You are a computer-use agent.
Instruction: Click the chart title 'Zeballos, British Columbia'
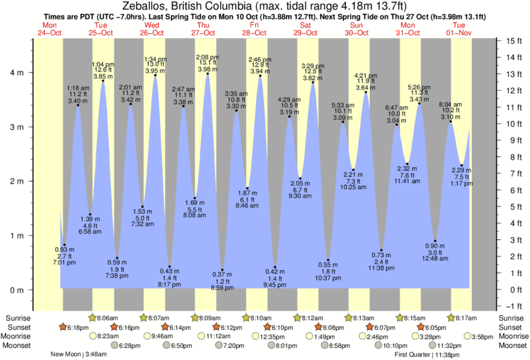point(194,6)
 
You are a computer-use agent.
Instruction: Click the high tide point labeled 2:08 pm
point(208,73)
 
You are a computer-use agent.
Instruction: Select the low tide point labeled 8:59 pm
point(223,270)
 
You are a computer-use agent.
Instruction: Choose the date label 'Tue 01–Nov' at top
point(460,29)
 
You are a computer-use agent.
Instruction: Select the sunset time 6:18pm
point(78,327)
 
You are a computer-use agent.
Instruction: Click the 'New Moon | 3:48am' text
point(79,355)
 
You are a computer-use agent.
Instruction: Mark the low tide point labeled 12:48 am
point(435,241)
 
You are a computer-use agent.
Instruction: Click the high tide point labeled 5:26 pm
point(419,104)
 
